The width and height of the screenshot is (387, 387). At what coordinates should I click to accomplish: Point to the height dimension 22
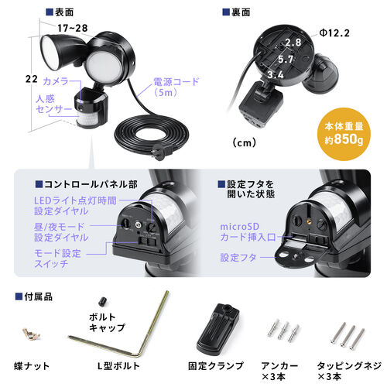coord(31,79)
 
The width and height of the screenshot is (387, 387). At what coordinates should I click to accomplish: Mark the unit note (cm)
coord(244,142)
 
